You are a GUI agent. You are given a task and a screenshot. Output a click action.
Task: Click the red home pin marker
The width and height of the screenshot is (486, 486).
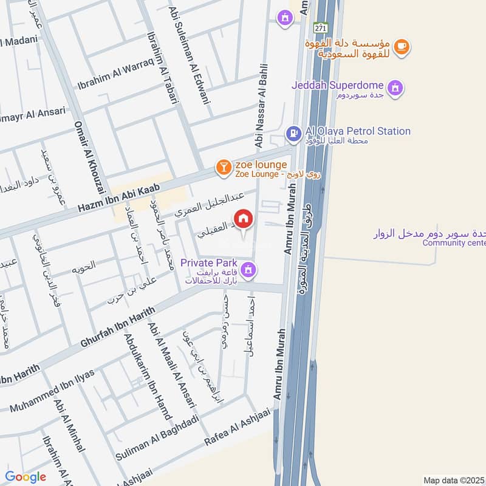pos(244,218)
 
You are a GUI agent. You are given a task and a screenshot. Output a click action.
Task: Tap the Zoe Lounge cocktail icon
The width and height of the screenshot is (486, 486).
pos(224,166)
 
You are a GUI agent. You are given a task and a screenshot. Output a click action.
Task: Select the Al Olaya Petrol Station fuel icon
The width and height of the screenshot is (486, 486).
pos(293,132)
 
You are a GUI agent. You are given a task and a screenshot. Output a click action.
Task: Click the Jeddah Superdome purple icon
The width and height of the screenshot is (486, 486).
pos(395,87)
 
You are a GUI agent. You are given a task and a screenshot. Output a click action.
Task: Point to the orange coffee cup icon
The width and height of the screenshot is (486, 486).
pos(401,46)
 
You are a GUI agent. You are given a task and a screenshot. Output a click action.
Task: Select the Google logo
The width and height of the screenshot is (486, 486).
pos(26,477)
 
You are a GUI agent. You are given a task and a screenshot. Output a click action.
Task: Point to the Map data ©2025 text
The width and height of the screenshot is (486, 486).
pos(454,480)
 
